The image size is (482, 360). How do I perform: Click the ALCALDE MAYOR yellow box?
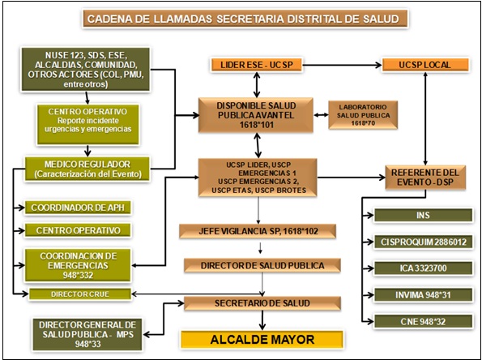click(262, 340)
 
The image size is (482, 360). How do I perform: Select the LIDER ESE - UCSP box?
click(257, 65)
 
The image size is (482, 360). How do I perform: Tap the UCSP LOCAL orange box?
click(425, 65)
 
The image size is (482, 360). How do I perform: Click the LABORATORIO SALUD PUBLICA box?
click(363, 115)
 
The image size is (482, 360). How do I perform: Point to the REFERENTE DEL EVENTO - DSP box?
click(425, 178)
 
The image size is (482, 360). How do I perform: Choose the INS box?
click(423, 216)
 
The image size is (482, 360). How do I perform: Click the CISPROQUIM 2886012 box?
click(423, 242)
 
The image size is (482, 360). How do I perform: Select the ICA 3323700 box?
click(423, 268)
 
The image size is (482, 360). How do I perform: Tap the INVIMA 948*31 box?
click(423, 295)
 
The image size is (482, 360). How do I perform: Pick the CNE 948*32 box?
click(423, 322)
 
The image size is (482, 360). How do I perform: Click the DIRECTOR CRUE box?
click(80, 294)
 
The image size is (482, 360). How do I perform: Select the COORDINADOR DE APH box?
click(78, 208)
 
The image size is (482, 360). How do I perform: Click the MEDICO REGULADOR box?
click(87, 169)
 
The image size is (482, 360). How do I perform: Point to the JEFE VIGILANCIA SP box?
click(258, 231)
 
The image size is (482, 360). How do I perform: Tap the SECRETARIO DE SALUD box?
click(262, 303)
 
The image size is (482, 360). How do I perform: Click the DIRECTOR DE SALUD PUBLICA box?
click(262, 265)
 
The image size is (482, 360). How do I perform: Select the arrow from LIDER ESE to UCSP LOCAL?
click(342, 65)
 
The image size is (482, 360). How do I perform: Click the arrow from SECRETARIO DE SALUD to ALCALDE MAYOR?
click(262, 320)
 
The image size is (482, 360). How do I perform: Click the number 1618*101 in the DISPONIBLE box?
click(256, 125)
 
